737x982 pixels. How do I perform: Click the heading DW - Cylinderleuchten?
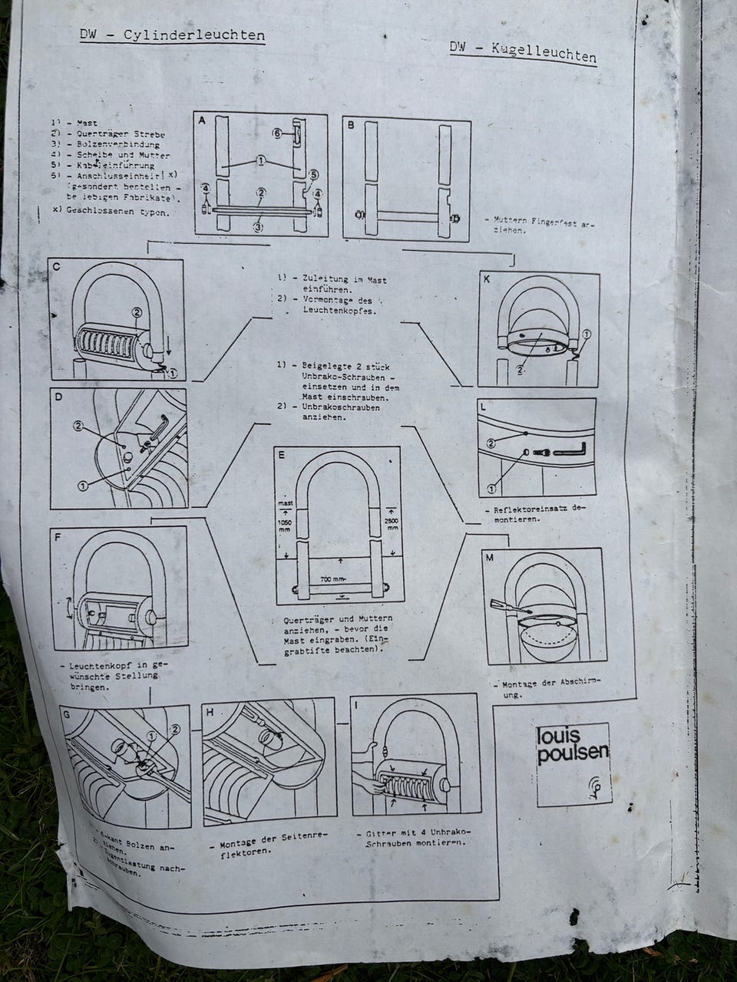[x=173, y=36]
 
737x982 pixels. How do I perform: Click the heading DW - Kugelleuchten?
[x=523, y=52]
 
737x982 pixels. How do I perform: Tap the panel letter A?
[x=202, y=122]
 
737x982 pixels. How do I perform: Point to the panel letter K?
[x=486, y=280]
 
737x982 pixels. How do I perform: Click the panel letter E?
[x=282, y=454]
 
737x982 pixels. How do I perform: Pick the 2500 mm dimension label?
[x=392, y=523]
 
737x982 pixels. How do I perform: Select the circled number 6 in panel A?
[x=277, y=133]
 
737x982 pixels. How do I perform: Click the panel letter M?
[x=489, y=558]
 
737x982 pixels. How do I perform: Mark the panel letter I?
[x=359, y=703]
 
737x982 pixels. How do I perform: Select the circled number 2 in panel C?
[x=137, y=312]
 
